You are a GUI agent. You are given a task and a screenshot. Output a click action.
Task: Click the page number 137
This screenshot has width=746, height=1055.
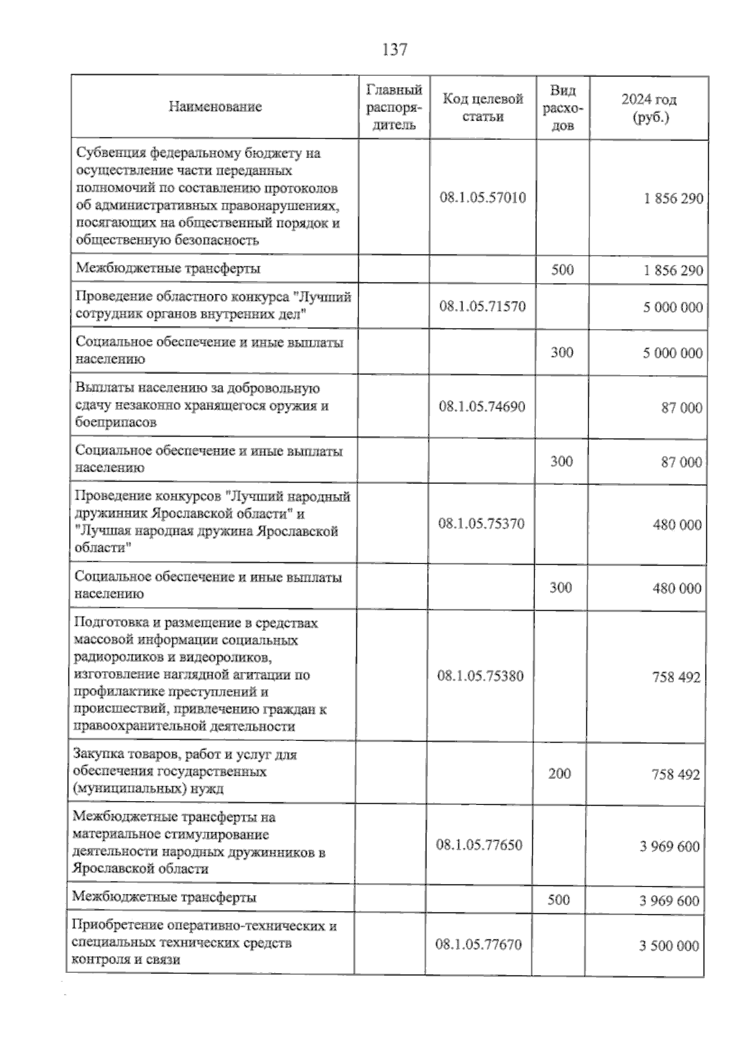(x=395, y=49)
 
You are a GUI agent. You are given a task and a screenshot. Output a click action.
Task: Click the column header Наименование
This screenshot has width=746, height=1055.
(x=215, y=107)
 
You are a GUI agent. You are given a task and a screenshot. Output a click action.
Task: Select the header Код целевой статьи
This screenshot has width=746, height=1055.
(x=482, y=108)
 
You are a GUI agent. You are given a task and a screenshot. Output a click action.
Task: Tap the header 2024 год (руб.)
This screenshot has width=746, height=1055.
(x=649, y=108)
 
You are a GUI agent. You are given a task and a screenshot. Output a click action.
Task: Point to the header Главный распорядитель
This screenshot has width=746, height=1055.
(x=394, y=107)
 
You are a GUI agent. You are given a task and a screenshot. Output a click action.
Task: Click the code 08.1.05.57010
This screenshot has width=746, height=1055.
(x=482, y=198)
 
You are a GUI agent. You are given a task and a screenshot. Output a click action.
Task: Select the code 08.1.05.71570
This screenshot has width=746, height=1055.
(x=482, y=307)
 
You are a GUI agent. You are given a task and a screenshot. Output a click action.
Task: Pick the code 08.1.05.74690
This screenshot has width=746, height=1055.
(x=482, y=407)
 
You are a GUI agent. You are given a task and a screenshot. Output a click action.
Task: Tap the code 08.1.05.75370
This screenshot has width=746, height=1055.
(x=481, y=523)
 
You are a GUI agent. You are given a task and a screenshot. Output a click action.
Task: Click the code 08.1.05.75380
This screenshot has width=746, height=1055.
(x=481, y=676)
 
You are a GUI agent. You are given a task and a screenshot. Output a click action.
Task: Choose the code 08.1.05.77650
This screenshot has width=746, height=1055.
(x=479, y=845)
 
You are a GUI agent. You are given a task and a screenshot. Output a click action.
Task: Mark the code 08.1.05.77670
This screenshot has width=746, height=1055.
(x=479, y=945)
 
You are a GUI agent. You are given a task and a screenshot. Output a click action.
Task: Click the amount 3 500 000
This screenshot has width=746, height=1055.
(x=669, y=946)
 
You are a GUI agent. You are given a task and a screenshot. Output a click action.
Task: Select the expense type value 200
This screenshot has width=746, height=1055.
(x=559, y=774)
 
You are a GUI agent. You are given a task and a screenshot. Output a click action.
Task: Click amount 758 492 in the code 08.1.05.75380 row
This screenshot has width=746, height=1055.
(x=676, y=677)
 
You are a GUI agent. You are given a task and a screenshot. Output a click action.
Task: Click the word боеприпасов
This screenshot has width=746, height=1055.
(x=115, y=422)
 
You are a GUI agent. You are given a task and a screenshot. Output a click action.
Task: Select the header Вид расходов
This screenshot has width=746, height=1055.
(x=563, y=108)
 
